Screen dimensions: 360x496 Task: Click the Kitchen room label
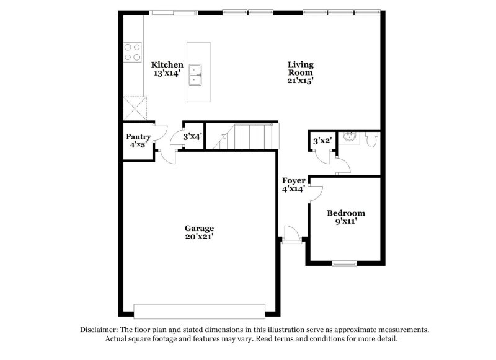[167, 64]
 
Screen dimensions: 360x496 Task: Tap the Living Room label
[300, 64]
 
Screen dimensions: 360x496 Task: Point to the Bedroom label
[346, 213]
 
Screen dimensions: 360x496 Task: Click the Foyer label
[293, 181]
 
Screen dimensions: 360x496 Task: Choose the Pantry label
[138, 136]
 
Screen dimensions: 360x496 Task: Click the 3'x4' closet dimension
[192, 136]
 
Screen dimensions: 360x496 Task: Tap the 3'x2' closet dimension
[321, 141]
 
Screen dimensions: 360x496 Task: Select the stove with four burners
[131, 51]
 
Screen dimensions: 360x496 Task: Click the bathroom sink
[350, 136]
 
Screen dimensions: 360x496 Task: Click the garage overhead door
[199, 310]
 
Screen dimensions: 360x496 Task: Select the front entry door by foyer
[290, 235]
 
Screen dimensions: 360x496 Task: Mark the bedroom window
[344, 265]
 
